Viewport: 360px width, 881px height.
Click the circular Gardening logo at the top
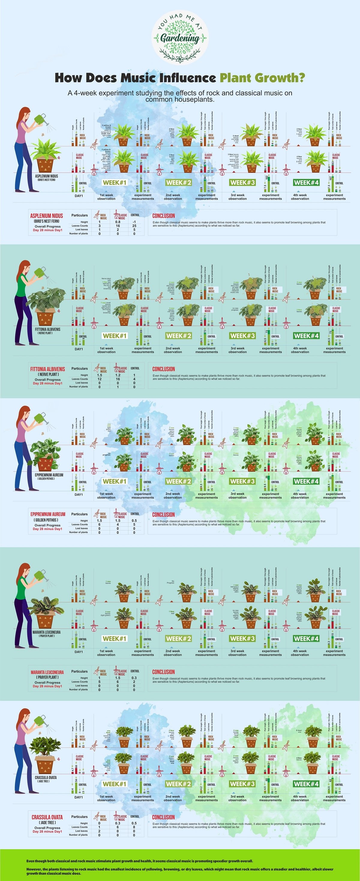coord(180,37)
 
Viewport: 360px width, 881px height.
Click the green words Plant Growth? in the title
coord(262,78)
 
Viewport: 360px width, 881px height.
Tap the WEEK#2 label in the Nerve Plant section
coord(178,336)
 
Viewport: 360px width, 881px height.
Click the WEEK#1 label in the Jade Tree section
coord(115,784)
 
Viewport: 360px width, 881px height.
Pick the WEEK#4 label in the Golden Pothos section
coord(306,481)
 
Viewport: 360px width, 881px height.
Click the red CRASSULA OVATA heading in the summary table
coord(47,817)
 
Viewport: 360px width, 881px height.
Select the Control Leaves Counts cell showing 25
coord(134,226)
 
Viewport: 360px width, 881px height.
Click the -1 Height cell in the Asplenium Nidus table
coord(134,222)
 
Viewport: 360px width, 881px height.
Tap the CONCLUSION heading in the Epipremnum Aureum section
coord(163,515)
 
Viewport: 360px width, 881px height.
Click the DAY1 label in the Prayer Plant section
coord(79,652)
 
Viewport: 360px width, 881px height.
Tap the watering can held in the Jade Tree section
coord(40,722)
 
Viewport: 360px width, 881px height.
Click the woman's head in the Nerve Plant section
coord(25,267)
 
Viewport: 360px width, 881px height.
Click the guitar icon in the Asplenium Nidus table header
coord(97,215)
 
